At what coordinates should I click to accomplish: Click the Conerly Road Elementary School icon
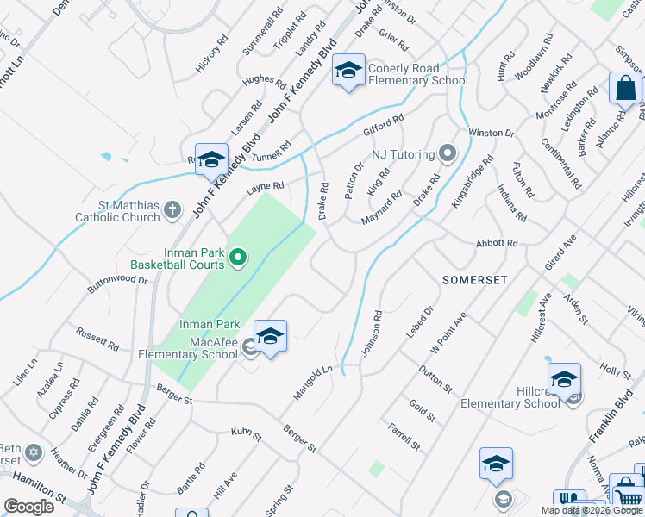pyautogui.click(x=348, y=71)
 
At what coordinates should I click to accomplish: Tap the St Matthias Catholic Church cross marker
pyautogui.click(x=172, y=209)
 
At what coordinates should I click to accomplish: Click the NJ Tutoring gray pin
pyautogui.click(x=447, y=154)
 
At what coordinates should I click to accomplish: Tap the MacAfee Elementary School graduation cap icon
pyautogui.click(x=270, y=336)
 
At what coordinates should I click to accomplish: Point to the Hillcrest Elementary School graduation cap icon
pyautogui.click(x=564, y=379)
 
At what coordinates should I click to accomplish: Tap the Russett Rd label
pyautogui.click(x=97, y=337)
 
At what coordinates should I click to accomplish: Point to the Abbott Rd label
pyautogui.click(x=496, y=244)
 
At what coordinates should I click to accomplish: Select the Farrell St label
pyautogui.click(x=403, y=437)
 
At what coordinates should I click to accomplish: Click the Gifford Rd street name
pyautogui.click(x=383, y=126)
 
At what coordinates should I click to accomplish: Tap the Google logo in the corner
pyautogui.click(x=28, y=506)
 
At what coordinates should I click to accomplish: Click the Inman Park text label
pyautogui.click(x=209, y=324)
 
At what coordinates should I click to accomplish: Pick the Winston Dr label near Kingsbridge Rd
pyautogui.click(x=491, y=133)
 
